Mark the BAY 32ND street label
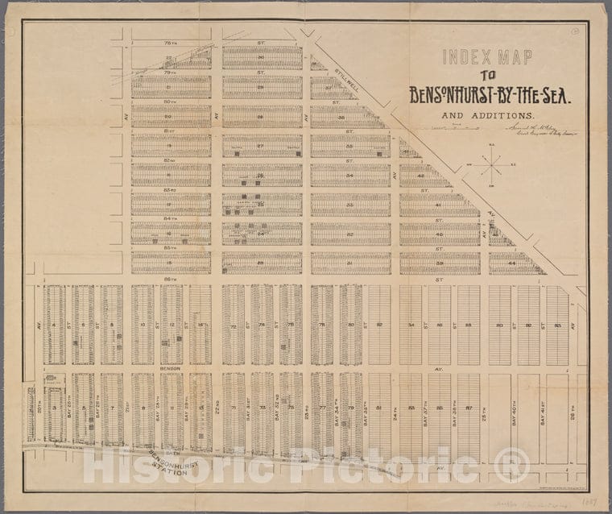[x=278, y=412]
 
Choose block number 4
[x=54, y=325]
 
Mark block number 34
[x=349, y=175]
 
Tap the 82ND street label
[x=169, y=160]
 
